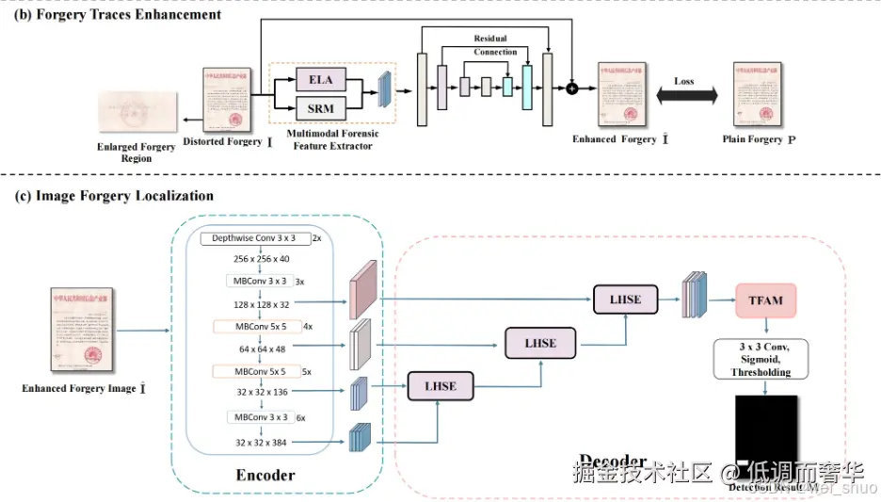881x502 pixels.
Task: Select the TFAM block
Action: click(766, 300)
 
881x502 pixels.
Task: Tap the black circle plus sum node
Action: click(571, 89)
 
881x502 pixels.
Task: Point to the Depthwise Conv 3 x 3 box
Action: click(254, 239)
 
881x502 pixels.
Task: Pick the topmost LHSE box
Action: click(625, 300)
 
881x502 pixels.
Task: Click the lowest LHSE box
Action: click(440, 386)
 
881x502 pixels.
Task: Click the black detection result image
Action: click(765, 436)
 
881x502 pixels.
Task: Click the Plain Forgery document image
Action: click(759, 95)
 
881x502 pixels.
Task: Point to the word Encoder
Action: click(264, 475)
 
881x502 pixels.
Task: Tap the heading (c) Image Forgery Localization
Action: click(111, 196)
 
